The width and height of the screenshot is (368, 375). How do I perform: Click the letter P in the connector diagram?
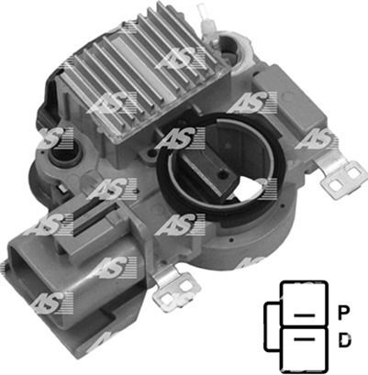coord(344,313)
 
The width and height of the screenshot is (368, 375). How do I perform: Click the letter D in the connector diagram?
coord(344,340)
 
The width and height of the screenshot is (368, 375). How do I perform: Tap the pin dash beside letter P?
coord(304,314)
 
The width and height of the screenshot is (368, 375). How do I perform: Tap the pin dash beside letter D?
coord(304,338)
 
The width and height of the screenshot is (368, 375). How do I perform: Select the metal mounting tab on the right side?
coord(341,177)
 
